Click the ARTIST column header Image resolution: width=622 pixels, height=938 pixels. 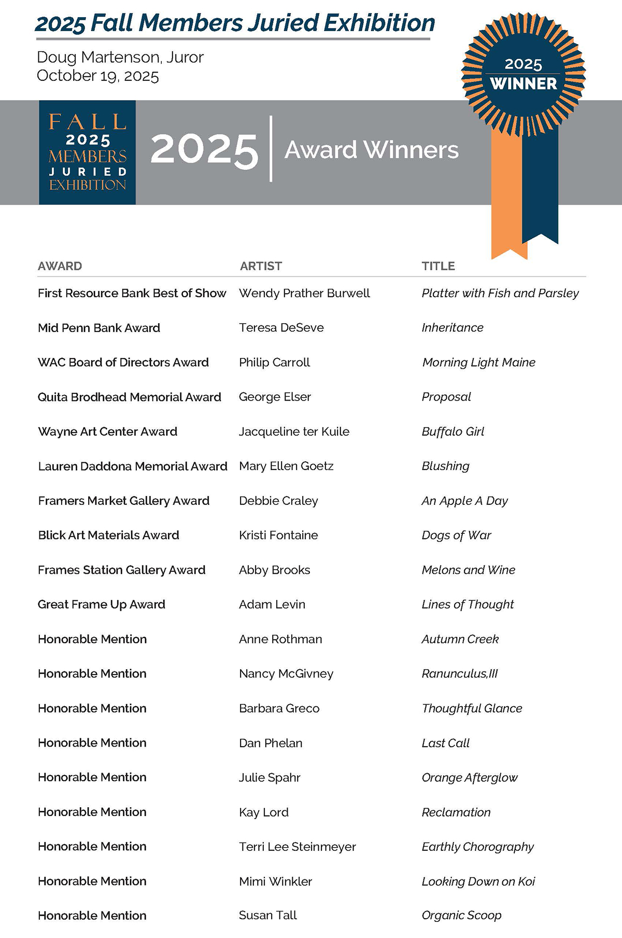(x=261, y=266)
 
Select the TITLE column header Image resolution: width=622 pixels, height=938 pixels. (x=438, y=266)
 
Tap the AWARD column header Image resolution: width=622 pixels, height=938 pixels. (x=60, y=266)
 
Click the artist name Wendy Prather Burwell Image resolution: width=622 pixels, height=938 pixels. (x=304, y=293)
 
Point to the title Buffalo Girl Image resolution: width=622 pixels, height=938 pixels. (x=453, y=432)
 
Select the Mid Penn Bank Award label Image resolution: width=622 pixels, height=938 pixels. (x=99, y=328)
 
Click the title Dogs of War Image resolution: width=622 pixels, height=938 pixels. (x=456, y=535)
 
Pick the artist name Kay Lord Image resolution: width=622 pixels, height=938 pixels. (x=263, y=812)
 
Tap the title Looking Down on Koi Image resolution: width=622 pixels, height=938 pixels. (x=478, y=881)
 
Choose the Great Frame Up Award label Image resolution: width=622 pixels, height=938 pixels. (x=102, y=604)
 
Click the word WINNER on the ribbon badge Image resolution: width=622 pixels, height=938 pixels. (x=524, y=84)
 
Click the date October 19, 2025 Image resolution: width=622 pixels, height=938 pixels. (x=98, y=76)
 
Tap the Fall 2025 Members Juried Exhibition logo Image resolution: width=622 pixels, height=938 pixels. (x=87, y=152)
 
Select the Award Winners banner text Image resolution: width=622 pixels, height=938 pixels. (x=371, y=150)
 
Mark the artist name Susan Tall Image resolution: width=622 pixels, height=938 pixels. (x=267, y=916)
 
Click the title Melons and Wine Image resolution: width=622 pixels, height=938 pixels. (x=468, y=570)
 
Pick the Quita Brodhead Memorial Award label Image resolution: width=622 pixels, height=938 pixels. (x=130, y=397)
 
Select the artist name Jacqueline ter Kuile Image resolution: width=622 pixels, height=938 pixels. (x=294, y=432)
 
